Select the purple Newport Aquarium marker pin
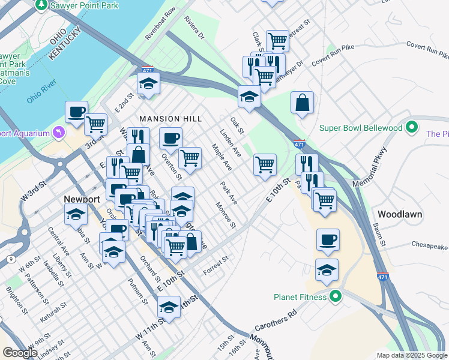tap(59, 131)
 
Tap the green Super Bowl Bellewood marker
tap(411, 128)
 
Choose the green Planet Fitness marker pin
tap(336, 296)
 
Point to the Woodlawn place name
tap(400, 214)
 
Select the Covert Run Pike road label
tap(427, 49)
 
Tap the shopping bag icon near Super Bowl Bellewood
tap(303, 103)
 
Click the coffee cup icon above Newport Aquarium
tap(77, 112)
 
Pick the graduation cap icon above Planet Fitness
tap(327, 271)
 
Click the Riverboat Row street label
tap(160, 23)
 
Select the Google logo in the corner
tap(20, 353)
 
